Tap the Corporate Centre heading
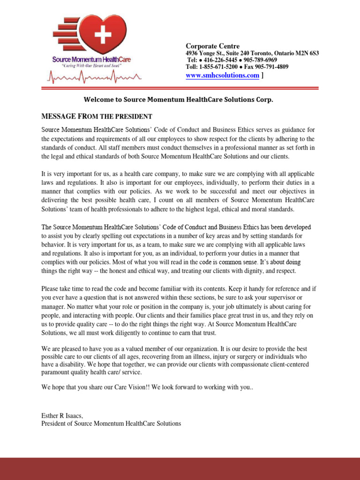(213, 46)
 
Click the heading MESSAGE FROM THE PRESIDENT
(96, 116)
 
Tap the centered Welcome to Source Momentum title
(178, 100)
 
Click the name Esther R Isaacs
(62, 415)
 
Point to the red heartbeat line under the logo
(92, 77)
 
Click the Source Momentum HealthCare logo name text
(91, 60)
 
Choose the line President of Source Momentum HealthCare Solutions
(111, 423)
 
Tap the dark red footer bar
(180, 468)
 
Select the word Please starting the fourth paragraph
(51, 289)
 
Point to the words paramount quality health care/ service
(91, 372)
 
